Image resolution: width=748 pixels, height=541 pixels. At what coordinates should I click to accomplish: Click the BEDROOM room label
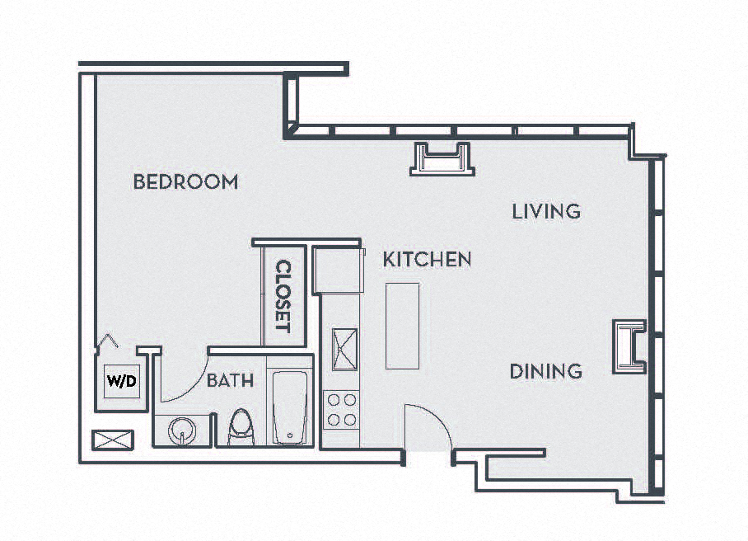[185, 181]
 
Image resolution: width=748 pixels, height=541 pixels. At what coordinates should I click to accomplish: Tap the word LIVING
[546, 211]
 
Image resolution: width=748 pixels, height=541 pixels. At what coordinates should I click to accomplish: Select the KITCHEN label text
[427, 259]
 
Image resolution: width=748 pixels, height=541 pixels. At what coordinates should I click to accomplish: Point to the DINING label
[545, 371]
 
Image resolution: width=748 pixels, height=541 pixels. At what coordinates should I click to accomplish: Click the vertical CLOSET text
[283, 296]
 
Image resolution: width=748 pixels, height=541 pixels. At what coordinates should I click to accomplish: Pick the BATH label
[230, 381]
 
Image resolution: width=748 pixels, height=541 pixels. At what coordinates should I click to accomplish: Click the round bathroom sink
[180, 430]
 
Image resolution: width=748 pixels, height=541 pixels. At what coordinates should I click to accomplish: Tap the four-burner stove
[341, 409]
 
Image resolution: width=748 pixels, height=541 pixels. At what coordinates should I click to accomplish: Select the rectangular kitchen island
[402, 326]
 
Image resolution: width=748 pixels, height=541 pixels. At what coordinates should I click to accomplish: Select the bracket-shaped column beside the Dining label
[629, 346]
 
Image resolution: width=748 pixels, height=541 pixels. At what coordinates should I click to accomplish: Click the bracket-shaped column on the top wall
[442, 158]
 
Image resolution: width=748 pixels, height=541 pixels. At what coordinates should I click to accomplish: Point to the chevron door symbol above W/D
[108, 341]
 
